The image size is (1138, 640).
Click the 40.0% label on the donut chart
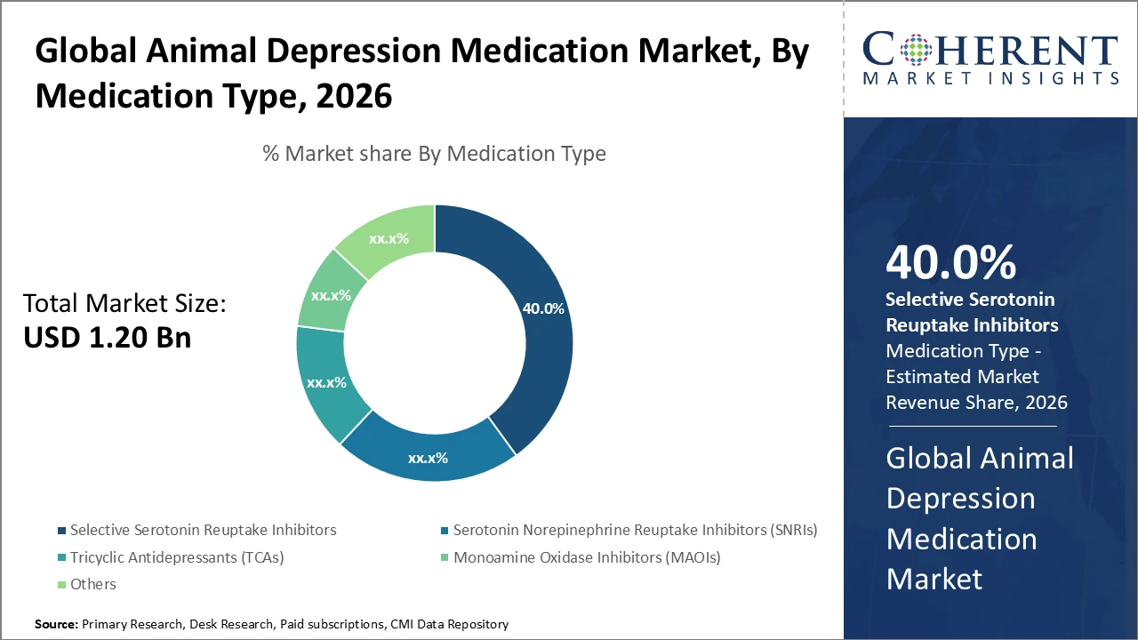point(543,308)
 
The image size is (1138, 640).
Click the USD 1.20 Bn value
point(107,338)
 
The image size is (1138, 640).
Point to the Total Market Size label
point(124,304)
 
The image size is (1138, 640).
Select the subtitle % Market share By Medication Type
point(434,153)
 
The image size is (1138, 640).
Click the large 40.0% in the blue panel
point(950,263)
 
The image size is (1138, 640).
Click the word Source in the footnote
point(55,625)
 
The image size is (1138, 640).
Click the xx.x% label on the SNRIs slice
point(428,459)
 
